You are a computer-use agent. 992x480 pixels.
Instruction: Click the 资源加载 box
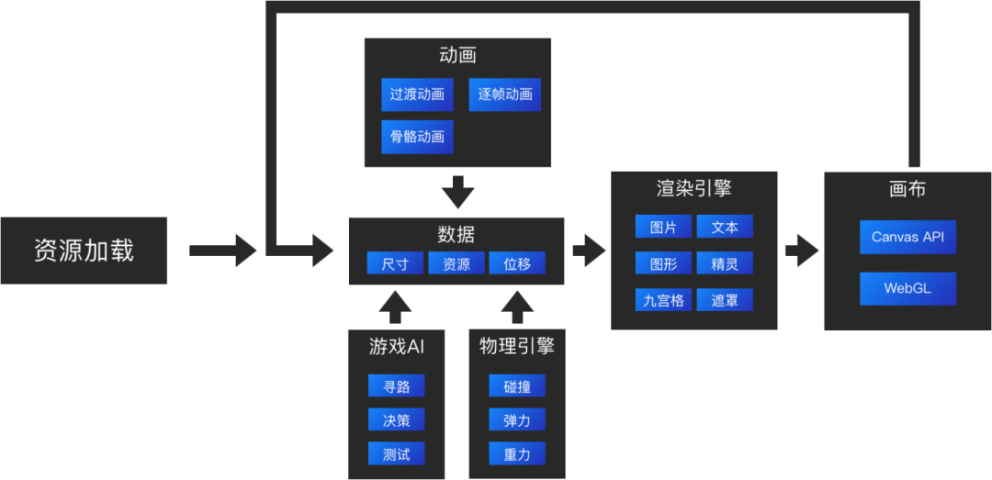click(x=84, y=251)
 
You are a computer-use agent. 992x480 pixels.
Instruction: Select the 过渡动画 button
click(x=417, y=95)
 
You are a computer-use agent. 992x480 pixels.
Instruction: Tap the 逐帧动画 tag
click(x=504, y=95)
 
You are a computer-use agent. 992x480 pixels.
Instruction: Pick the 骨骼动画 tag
click(x=417, y=137)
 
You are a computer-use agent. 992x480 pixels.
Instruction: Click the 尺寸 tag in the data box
click(x=395, y=263)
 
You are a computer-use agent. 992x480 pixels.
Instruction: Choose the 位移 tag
click(x=517, y=263)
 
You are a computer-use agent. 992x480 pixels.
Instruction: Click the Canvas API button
click(x=907, y=237)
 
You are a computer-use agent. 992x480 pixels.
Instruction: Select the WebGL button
click(x=907, y=288)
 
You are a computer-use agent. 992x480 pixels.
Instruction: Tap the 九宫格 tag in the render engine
click(x=663, y=300)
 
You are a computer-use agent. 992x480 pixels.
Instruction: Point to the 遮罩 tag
click(x=725, y=300)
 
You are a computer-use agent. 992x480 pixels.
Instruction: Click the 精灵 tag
click(x=725, y=263)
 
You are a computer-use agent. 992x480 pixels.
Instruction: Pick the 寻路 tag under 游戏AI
click(x=396, y=386)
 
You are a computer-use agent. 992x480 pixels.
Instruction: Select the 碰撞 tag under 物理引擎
click(x=517, y=386)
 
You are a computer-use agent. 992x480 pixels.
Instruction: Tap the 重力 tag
click(x=517, y=453)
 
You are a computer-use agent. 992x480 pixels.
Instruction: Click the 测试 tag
click(x=396, y=453)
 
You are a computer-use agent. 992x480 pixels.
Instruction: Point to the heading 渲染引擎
click(x=693, y=189)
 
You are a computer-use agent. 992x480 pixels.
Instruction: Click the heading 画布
click(x=907, y=189)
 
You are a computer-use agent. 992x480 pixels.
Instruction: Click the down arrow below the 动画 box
click(x=457, y=192)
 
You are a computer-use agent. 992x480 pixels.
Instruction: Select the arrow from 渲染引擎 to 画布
click(x=801, y=250)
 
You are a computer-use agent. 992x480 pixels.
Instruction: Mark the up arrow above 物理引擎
click(x=517, y=307)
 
